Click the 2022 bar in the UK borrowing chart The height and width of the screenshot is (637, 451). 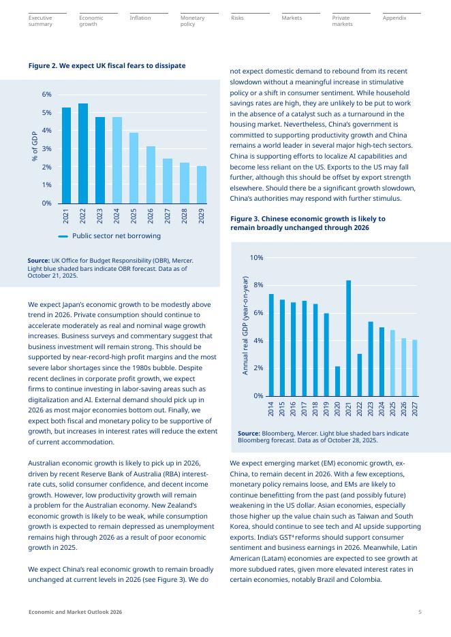pos(83,153)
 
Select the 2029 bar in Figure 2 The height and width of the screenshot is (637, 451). pos(202,184)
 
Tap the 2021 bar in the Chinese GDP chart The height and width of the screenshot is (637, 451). pos(348,338)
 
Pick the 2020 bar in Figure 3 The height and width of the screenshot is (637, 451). pos(337,381)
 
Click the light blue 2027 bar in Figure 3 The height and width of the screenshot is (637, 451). pos(415,368)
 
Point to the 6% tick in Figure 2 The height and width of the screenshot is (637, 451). pos(46,95)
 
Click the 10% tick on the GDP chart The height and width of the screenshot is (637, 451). pos(257,258)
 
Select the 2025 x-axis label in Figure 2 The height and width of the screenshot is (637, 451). pos(134,216)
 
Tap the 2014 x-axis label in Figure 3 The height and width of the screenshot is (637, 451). pos(271,408)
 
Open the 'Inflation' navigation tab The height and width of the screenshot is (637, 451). pos(140,18)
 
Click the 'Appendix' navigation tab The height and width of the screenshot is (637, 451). pos(394,18)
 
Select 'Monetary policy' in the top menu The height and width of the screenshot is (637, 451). pos(192,20)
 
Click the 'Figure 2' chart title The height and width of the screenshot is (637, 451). pos(107,65)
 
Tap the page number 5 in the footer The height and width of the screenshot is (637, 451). pos(420,612)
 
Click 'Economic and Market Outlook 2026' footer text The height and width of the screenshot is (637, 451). pos(75,612)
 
